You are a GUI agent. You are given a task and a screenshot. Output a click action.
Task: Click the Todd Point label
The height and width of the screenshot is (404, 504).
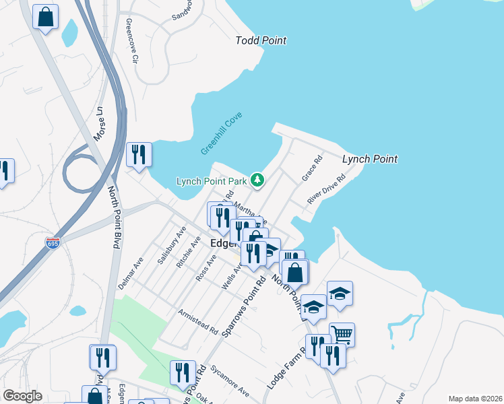click(261, 40)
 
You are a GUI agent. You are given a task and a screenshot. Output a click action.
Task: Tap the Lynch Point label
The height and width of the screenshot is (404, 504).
click(369, 159)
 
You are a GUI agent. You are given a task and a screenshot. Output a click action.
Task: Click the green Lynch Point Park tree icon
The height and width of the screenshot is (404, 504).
click(257, 180)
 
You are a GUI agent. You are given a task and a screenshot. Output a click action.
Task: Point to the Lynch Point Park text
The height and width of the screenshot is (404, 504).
click(211, 181)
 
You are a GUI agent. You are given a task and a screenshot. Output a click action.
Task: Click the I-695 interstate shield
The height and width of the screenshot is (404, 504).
click(53, 242)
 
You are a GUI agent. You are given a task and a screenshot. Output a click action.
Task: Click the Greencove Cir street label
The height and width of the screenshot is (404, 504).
click(132, 41)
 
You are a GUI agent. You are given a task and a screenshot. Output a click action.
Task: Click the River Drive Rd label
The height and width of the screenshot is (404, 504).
click(326, 189)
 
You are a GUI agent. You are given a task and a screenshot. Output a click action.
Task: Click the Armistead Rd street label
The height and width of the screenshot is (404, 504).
click(198, 323)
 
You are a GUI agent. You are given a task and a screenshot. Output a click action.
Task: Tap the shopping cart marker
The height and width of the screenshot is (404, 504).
click(342, 333)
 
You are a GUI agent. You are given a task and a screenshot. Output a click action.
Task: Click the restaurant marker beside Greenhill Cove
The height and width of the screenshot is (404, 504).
click(139, 154)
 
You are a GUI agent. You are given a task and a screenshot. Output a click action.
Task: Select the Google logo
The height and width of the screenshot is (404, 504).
click(22, 395)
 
